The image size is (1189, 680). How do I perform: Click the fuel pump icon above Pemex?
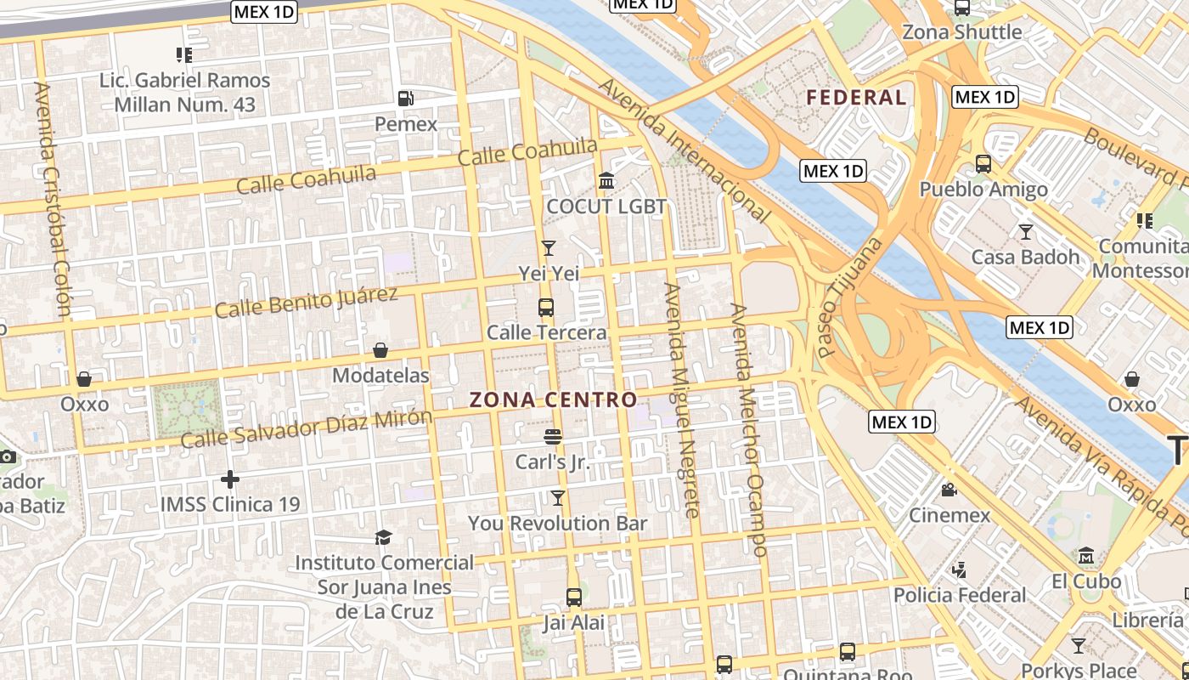point(406,98)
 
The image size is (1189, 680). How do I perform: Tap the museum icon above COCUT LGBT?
point(606,180)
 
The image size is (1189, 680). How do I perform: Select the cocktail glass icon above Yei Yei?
point(549,247)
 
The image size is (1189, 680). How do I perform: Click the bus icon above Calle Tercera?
point(546,307)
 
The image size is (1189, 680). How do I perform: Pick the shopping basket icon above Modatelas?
point(380,350)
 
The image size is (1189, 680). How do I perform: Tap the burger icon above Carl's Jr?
point(553,437)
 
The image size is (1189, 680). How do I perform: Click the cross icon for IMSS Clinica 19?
point(229,479)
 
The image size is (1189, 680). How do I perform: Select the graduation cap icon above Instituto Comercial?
point(384,537)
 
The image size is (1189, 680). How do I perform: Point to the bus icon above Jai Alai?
point(574,598)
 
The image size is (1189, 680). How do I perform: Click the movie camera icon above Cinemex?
point(949,490)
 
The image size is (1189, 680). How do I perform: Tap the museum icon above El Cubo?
point(1086,557)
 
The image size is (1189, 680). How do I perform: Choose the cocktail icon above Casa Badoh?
point(1025,231)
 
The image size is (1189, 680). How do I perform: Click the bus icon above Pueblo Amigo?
point(983,163)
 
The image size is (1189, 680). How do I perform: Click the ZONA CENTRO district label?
point(553,399)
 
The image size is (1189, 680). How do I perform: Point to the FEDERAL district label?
point(856,98)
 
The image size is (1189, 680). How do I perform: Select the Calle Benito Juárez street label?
point(306,303)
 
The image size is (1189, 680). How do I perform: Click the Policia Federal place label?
point(960,595)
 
